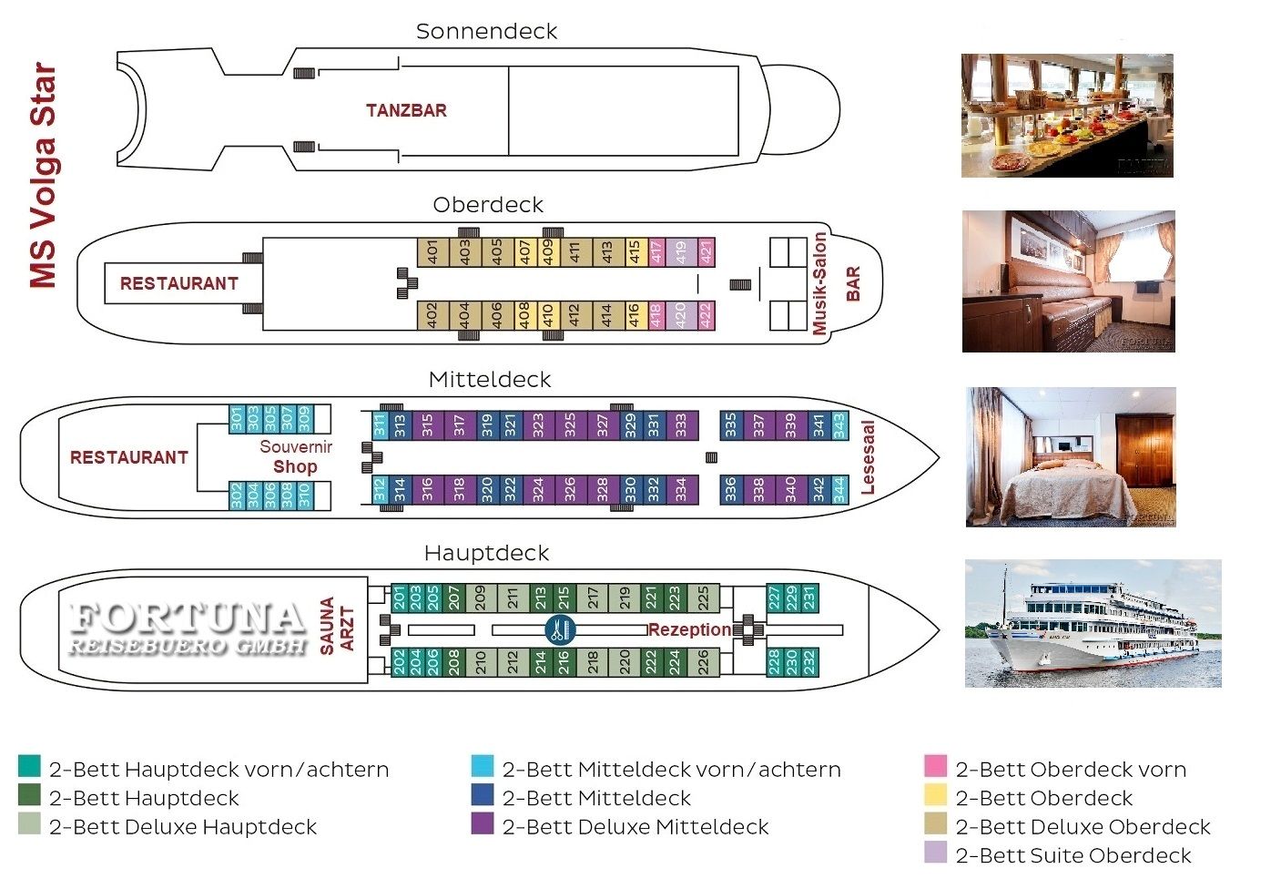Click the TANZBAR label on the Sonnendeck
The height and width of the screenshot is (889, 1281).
[x=406, y=110]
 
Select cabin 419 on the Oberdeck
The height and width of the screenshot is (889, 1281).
[x=680, y=252]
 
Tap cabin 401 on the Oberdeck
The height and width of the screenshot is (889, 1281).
[x=432, y=252]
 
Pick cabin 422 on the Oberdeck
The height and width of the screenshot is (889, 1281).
[x=705, y=315]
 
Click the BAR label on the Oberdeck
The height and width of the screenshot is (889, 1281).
[x=853, y=283]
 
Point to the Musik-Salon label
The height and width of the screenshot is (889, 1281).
[x=819, y=283]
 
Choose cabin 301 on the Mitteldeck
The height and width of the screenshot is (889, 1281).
[x=237, y=419]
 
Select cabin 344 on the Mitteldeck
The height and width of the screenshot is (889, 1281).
[x=839, y=489]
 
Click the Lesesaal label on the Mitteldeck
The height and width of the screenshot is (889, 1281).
[x=867, y=457]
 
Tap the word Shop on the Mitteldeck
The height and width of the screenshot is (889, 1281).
[x=295, y=466]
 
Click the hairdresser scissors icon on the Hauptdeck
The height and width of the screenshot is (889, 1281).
[x=557, y=629]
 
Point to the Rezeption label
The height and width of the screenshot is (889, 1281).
[x=689, y=629]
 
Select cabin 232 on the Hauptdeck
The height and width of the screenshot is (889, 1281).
[x=808, y=661]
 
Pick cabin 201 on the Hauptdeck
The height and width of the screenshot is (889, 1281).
[x=400, y=598]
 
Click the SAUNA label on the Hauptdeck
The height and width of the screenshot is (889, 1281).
[x=327, y=626]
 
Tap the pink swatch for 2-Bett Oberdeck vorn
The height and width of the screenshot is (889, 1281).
[x=935, y=766]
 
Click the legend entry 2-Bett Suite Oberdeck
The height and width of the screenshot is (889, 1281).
[x=1073, y=855]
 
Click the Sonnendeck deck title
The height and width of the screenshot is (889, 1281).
[x=486, y=31]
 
